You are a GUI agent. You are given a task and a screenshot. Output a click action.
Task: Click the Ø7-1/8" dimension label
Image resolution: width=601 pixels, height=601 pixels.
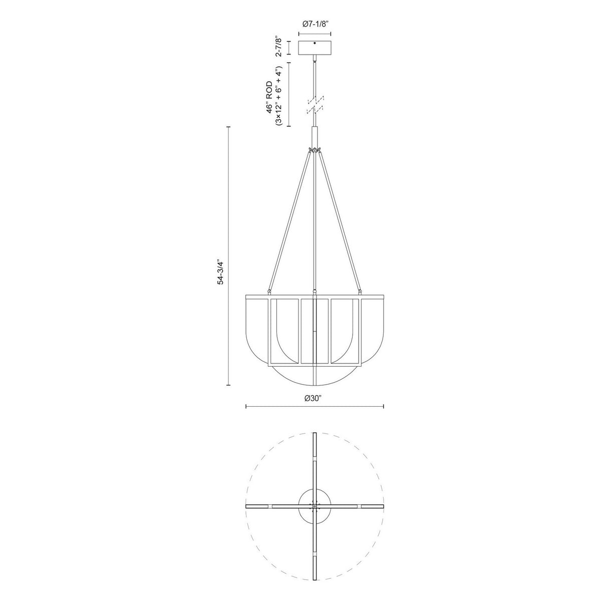[x=315, y=24]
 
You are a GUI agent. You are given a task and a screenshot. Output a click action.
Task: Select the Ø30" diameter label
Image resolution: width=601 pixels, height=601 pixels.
[x=314, y=398]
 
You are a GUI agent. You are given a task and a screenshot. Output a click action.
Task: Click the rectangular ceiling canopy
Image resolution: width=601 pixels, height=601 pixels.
[x=315, y=48]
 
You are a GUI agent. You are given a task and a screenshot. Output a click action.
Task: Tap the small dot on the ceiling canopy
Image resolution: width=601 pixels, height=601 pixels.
[x=315, y=44]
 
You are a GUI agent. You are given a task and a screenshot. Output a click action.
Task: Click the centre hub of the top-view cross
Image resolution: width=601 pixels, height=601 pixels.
[x=315, y=506]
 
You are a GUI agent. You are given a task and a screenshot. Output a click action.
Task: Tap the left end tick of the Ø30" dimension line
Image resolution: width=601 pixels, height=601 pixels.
[x=245, y=406]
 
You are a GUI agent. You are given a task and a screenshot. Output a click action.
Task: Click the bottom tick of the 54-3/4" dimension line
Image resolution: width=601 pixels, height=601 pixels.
[x=228, y=385]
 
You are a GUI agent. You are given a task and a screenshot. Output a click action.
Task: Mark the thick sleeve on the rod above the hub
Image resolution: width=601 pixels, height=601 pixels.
[x=315, y=135]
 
